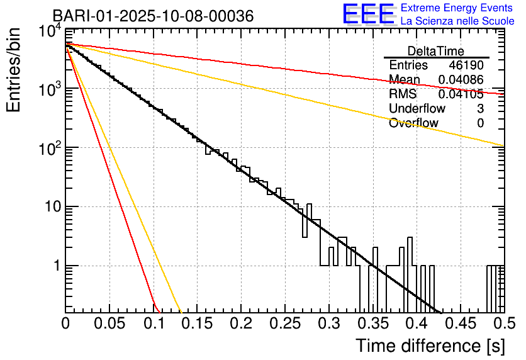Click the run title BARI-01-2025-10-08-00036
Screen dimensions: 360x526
click(153, 16)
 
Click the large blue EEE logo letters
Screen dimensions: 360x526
click(369, 14)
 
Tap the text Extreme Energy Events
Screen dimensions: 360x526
click(457, 8)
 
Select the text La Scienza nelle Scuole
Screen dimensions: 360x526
click(457, 21)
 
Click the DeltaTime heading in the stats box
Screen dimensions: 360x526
click(436, 51)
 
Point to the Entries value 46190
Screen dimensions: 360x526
click(466, 65)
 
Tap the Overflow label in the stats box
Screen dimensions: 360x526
click(413, 123)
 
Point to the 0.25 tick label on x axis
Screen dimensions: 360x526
click(284, 324)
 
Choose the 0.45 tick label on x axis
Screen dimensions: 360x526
click(460, 324)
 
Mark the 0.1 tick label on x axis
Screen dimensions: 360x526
click(153, 324)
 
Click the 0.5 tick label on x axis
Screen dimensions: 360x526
click(503, 324)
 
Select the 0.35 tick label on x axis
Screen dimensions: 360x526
click(372, 324)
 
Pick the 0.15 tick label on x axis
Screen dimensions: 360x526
click(197, 324)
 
